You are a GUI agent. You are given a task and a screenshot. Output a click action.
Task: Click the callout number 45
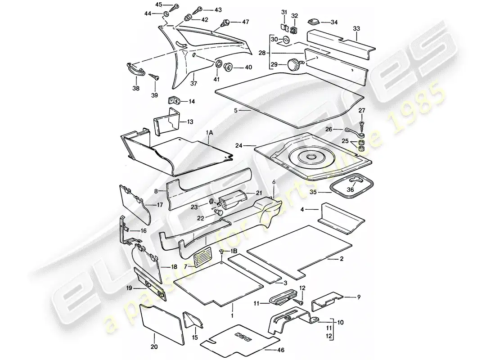158,4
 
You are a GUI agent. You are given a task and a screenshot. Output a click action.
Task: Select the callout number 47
245,22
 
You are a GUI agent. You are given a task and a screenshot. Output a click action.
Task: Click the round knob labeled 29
295,66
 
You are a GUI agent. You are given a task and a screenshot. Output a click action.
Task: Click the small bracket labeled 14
174,101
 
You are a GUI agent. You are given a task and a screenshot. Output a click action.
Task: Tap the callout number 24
238,145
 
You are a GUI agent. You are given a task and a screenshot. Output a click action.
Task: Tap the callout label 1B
233,250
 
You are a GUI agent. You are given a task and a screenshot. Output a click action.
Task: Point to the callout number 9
359,297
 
